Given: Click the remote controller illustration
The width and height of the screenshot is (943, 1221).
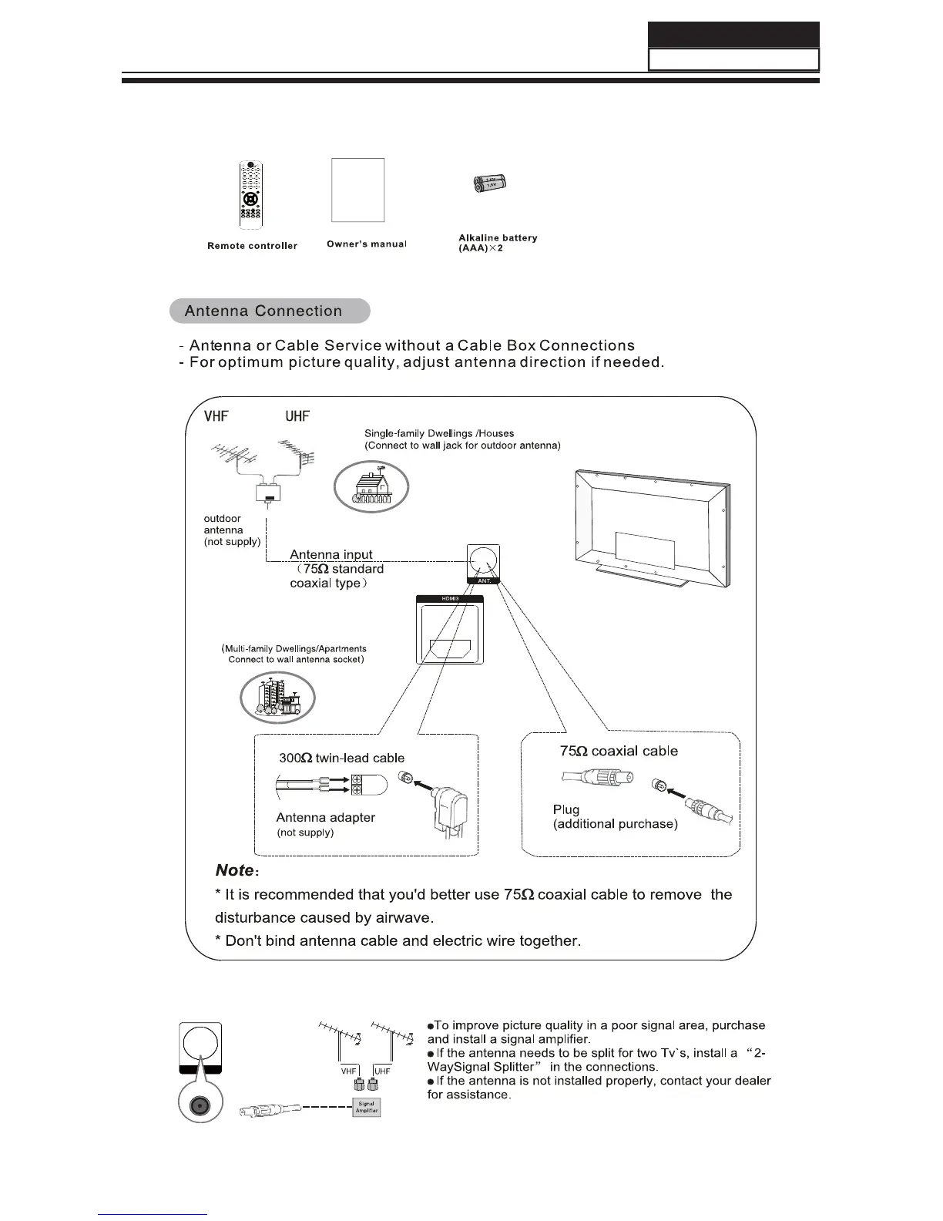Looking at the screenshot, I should (x=250, y=193).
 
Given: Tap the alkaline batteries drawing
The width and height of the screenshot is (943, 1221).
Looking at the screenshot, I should (x=490, y=183).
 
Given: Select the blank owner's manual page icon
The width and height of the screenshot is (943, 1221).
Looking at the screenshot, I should (x=357, y=190).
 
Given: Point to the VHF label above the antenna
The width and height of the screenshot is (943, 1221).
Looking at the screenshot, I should (x=216, y=416).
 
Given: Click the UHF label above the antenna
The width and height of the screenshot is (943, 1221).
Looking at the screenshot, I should (x=297, y=416).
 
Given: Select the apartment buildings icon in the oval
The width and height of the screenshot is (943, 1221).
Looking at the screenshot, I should (x=277, y=698).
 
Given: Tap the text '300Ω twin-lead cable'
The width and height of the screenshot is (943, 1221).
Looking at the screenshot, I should (x=341, y=758).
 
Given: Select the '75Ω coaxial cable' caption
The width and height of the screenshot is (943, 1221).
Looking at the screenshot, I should (x=619, y=751).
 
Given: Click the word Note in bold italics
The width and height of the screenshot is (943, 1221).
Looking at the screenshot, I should (x=234, y=870).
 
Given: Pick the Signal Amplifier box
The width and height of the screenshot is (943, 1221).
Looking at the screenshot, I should (x=367, y=1108).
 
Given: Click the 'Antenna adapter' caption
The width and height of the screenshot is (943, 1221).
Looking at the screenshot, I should (x=325, y=817).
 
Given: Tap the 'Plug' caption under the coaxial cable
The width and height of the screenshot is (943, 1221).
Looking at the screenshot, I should (x=566, y=809).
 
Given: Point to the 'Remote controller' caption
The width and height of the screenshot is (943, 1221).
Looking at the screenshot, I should (x=252, y=246).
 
